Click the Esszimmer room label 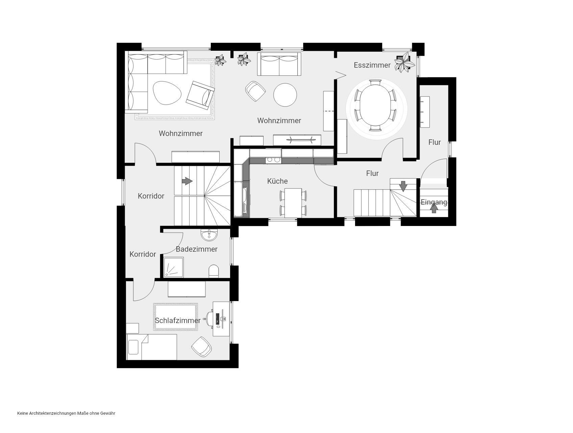coord(372,65)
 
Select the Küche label coord(277,181)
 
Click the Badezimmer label coord(197,249)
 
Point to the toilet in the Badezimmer coord(214,271)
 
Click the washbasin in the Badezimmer coord(209,234)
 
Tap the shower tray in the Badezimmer coord(174,267)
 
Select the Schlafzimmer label coord(178,320)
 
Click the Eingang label coord(434,202)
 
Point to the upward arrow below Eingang coord(434,209)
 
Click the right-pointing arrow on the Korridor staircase coord(187,181)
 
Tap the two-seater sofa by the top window coord(279,64)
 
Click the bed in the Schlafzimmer coord(152,347)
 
